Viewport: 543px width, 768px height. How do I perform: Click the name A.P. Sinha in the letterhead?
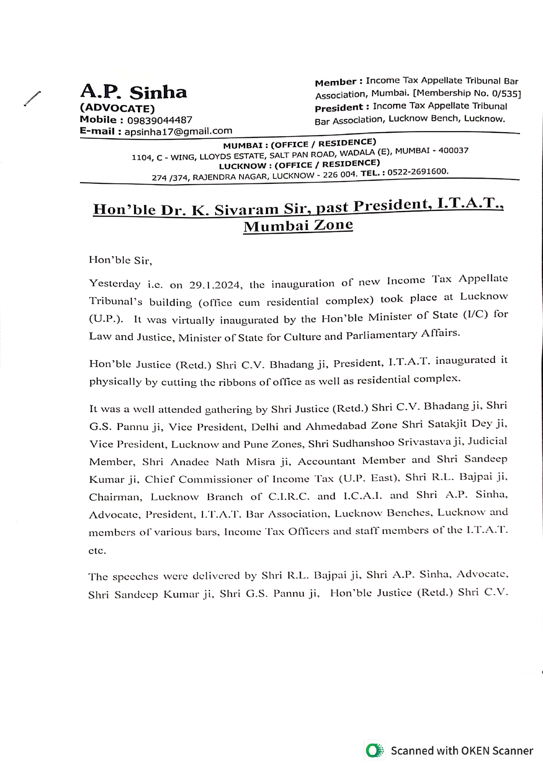134,92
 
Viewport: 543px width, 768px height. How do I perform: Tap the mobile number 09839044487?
159,120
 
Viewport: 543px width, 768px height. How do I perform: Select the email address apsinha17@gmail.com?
178,131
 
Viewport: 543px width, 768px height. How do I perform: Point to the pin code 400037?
453,151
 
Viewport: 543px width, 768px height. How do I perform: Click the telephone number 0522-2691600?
418,172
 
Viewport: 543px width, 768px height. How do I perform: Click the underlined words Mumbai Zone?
298,226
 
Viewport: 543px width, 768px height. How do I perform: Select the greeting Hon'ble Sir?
120,260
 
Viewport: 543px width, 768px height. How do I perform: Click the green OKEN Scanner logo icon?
374,750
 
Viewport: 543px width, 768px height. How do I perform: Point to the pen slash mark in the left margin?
32,98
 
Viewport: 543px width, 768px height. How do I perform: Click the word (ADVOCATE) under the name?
117,108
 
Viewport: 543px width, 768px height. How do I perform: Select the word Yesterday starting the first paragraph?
115,284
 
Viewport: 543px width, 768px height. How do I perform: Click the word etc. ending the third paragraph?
97,551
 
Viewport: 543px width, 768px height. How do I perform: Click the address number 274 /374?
170,178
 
